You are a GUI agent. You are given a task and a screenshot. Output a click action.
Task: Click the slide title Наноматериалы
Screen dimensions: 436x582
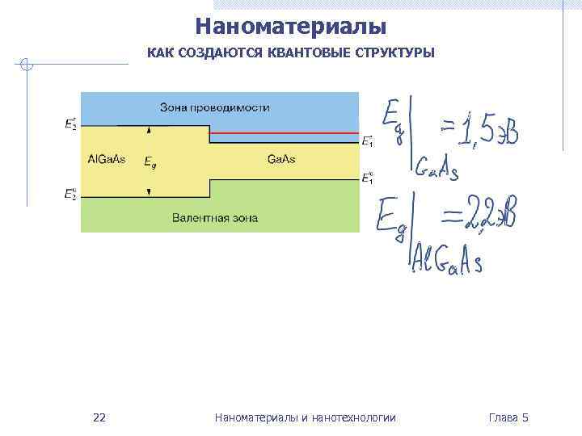coord(291,27)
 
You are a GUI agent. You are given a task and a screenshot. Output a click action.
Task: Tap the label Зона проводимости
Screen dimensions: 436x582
coord(215,107)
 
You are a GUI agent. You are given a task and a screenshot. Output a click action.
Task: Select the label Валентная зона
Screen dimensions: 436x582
coord(215,218)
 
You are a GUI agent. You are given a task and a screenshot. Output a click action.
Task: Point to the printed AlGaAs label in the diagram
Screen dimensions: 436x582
coord(106,159)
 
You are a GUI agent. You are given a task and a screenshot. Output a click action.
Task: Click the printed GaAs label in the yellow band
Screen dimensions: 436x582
coord(281,159)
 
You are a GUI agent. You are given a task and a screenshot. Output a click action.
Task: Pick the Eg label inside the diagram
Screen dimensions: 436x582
coord(150,162)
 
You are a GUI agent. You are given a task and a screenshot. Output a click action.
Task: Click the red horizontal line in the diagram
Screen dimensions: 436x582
coord(284,133)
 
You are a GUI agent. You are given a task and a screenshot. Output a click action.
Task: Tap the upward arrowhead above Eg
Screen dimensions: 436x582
coord(150,129)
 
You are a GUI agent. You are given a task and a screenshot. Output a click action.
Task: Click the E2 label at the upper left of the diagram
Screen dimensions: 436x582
coord(71,125)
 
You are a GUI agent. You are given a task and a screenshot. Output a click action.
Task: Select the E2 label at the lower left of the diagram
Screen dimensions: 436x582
coord(71,194)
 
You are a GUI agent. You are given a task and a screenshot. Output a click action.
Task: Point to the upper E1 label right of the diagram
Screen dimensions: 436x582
coord(367,141)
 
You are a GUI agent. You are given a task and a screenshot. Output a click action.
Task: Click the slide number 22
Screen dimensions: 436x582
coord(99,417)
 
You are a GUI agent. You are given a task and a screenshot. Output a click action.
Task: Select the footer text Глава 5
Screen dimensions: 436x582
coord(508,417)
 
